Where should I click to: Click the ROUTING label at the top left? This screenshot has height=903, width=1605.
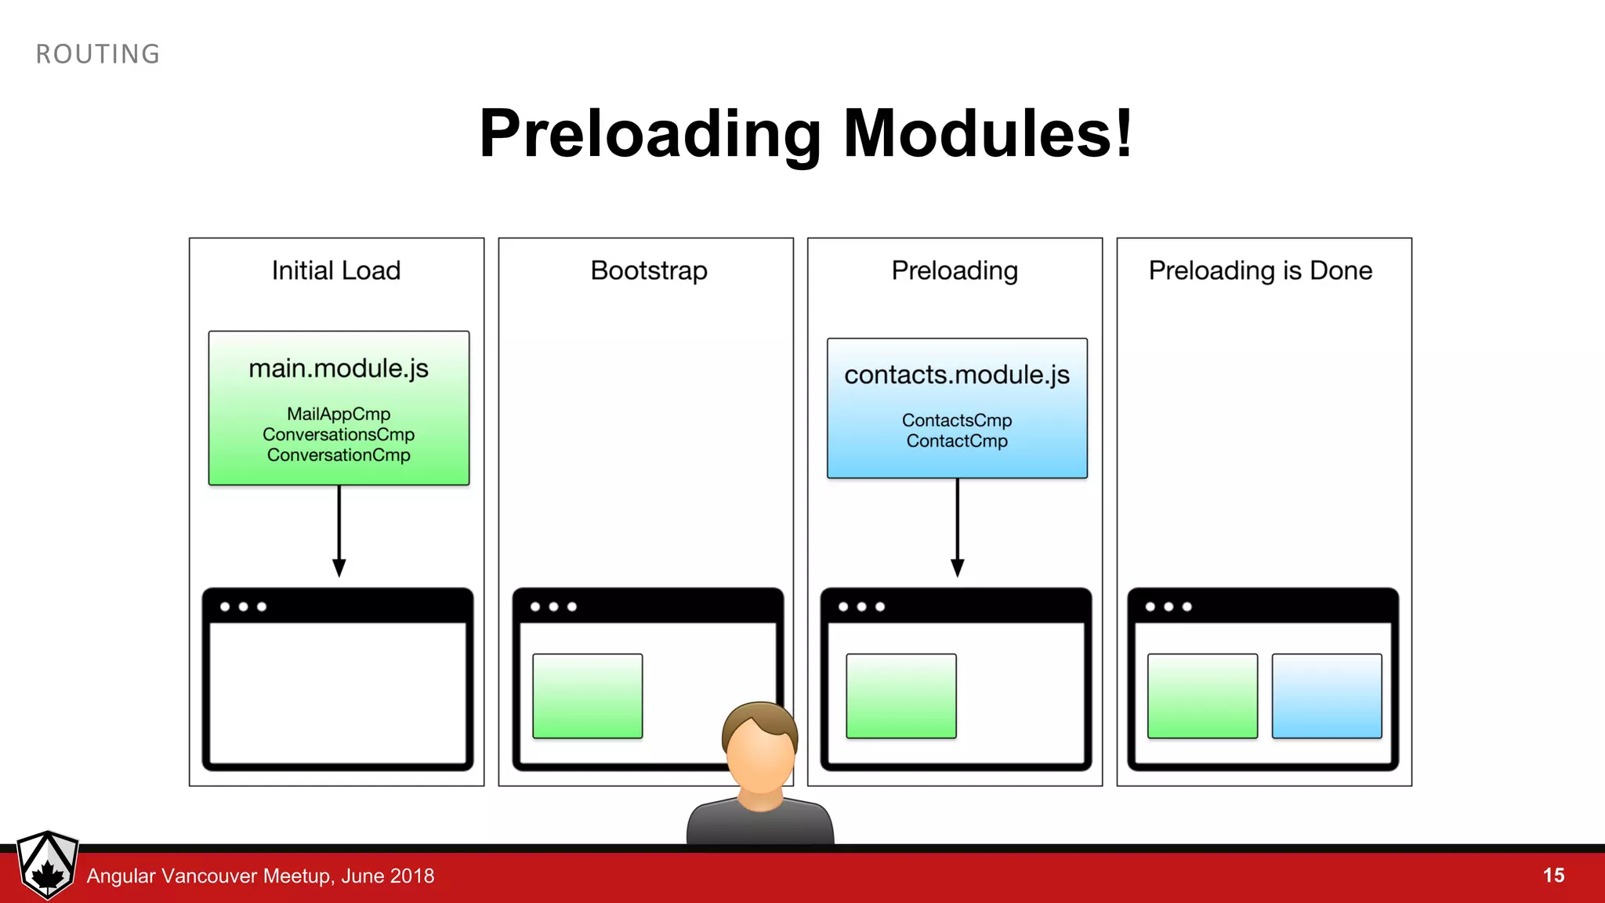tap(98, 54)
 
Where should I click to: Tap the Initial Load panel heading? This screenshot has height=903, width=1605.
tap(336, 270)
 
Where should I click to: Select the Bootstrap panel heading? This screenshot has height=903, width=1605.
tap(649, 270)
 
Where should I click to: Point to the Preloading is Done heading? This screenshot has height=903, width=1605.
tap(1260, 270)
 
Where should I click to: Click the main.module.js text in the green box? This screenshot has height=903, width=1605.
tap(339, 368)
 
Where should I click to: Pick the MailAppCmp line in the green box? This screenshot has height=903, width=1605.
tap(339, 414)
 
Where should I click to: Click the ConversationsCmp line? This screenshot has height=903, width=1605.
tap(339, 434)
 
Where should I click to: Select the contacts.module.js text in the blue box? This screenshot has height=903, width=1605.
tap(957, 375)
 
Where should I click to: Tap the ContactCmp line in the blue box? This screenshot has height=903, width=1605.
tap(957, 441)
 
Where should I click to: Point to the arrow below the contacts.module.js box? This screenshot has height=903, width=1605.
tap(957, 528)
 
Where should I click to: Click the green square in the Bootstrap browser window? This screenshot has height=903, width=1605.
tap(587, 696)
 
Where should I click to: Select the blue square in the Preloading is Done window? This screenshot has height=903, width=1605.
tap(1326, 696)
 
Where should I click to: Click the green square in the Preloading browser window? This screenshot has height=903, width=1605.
tap(901, 696)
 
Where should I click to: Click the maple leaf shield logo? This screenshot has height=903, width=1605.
tap(48, 865)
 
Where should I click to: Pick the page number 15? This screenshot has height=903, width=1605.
tap(1553, 876)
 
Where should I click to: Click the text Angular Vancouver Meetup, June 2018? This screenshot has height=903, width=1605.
tap(260, 876)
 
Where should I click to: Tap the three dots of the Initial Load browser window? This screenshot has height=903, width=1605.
tap(243, 607)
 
